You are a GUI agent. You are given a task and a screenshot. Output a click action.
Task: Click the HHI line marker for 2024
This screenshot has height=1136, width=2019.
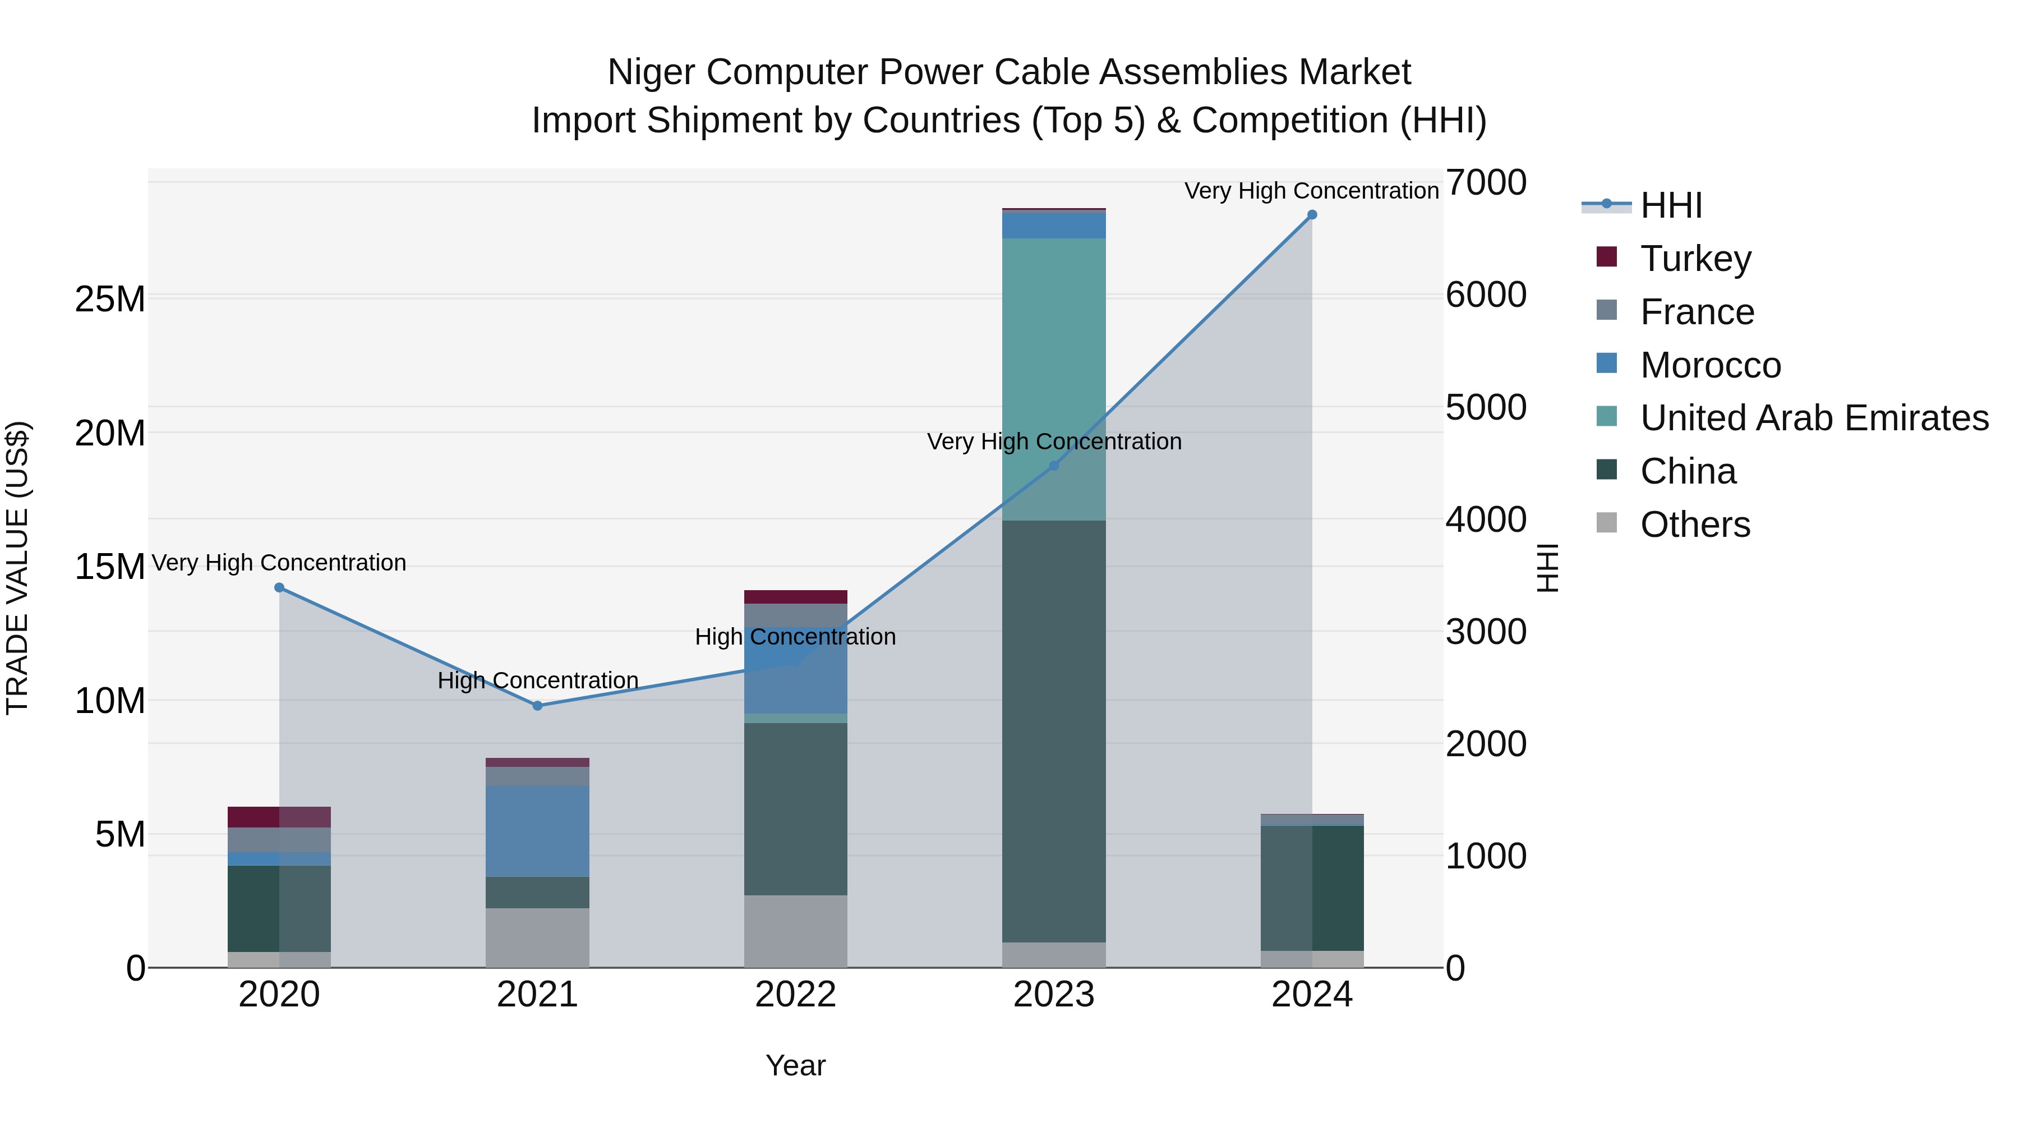click(x=1311, y=215)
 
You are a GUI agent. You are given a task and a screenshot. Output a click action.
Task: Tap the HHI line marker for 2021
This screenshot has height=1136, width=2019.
click(x=537, y=706)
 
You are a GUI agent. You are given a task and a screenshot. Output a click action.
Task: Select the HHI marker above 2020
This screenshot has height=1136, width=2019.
click(x=279, y=587)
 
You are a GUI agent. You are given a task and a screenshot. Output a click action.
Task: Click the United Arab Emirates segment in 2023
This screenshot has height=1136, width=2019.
click(x=1053, y=376)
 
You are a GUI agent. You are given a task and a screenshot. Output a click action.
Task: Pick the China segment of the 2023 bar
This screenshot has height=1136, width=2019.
click(x=1053, y=729)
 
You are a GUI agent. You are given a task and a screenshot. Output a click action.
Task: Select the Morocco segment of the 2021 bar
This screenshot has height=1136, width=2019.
click(x=537, y=831)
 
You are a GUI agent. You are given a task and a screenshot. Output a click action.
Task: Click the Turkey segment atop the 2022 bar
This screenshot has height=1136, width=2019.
click(x=795, y=597)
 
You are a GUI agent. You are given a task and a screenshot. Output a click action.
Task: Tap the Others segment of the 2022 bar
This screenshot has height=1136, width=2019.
click(x=795, y=931)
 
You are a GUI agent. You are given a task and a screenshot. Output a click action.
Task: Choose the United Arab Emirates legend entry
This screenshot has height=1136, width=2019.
click(x=1814, y=418)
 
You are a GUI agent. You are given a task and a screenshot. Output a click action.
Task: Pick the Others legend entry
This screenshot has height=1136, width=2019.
click(x=1694, y=525)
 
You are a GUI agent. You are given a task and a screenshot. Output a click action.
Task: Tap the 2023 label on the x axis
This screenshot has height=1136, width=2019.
click(x=1053, y=995)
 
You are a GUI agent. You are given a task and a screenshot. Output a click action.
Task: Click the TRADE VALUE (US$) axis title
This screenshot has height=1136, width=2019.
click(x=17, y=568)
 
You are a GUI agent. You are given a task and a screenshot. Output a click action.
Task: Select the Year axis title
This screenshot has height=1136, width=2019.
click(x=795, y=1065)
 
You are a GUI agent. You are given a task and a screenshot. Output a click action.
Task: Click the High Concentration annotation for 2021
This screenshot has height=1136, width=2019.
click(x=538, y=680)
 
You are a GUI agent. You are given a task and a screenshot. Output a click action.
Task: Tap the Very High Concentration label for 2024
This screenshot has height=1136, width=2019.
click(x=1311, y=191)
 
